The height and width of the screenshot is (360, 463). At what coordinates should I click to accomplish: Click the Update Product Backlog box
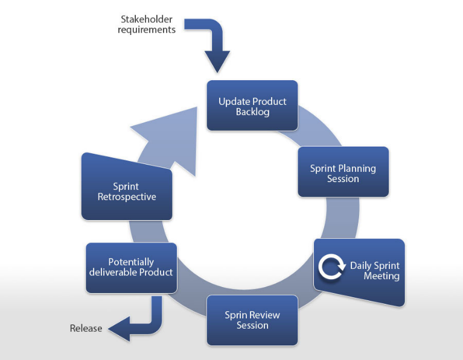coord(252,106)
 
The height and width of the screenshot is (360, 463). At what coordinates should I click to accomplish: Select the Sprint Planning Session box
coord(343,172)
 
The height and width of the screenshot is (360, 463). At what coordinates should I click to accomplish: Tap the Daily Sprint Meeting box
coord(360,271)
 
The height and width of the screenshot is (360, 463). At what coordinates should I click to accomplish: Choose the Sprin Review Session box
coord(252,320)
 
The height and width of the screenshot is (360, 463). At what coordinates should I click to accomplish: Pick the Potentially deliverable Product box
coord(131,267)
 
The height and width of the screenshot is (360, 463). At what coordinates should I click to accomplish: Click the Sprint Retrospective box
coord(127,189)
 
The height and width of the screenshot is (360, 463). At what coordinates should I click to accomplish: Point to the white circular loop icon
coord(331,269)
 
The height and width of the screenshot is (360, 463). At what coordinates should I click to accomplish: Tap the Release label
coord(86,329)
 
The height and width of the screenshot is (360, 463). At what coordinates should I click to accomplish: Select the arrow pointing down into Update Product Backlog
coord(214,45)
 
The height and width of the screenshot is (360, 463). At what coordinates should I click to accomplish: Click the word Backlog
coord(252,112)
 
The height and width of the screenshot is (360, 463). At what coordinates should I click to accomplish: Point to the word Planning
coord(356,168)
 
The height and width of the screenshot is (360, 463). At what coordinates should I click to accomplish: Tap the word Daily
coord(360,266)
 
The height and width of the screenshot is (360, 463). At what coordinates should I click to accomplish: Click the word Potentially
coord(131,262)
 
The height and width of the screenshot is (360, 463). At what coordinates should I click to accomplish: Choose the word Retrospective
coord(128,197)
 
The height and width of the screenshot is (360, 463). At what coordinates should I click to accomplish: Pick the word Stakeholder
coord(147,19)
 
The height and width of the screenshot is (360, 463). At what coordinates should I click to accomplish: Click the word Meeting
coord(382,276)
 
